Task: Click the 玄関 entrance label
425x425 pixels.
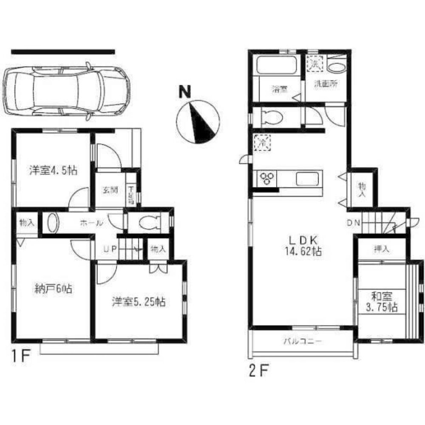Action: click(110, 190)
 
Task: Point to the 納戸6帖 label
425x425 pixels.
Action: click(52, 290)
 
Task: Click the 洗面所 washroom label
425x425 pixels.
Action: click(326, 84)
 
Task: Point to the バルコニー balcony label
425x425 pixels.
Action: click(303, 341)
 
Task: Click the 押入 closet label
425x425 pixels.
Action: click(381, 249)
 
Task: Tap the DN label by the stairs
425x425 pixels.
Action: click(353, 223)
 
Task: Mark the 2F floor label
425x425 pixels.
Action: click(257, 371)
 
